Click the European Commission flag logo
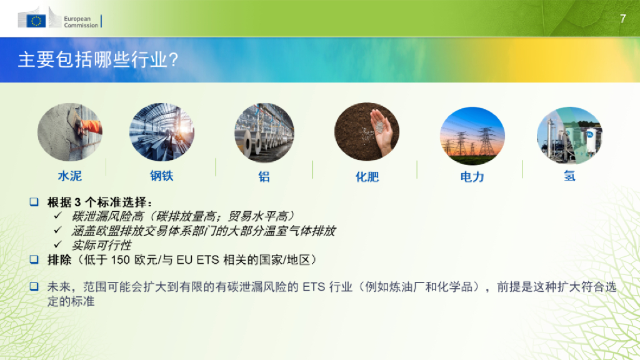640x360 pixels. [36, 21]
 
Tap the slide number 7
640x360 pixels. [622, 19]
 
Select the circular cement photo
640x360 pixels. [69, 132]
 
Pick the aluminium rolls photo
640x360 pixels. [264, 132]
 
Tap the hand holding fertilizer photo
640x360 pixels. [366, 132]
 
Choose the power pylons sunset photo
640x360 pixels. [472, 132]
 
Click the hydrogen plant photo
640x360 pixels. [569, 132]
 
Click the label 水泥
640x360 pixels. [69, 176]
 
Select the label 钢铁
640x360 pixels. [161, 176]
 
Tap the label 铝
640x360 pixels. [264, 177]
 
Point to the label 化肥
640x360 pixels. [367, 177]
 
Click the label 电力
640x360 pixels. [472, 177]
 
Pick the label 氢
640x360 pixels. [569, 176]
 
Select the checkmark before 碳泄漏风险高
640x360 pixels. [59, 216]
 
